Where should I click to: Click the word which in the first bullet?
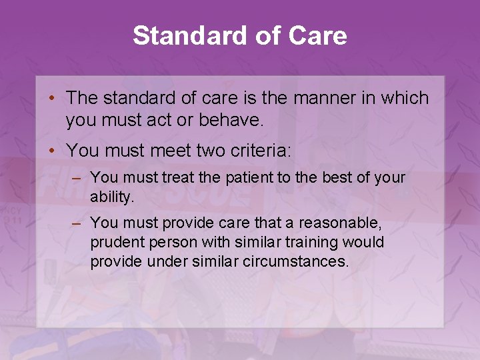(x=405, y=98)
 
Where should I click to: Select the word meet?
(x=155, y=151)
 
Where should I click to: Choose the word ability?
(x=112, y=197)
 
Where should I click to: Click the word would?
(x=365, y=242)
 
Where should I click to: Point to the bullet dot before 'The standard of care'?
(x=51, y=99)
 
